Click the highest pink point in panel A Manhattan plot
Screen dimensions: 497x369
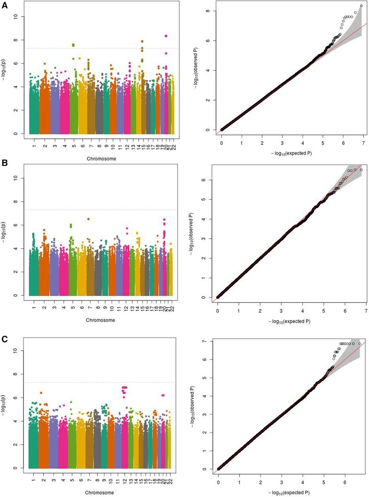pos(166,36)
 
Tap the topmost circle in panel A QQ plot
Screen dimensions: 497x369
pos(361,6)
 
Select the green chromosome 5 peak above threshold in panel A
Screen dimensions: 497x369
pos(73,45)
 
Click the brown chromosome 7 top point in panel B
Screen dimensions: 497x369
pos(88,219)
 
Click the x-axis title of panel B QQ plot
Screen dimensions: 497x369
pos(289,321)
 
